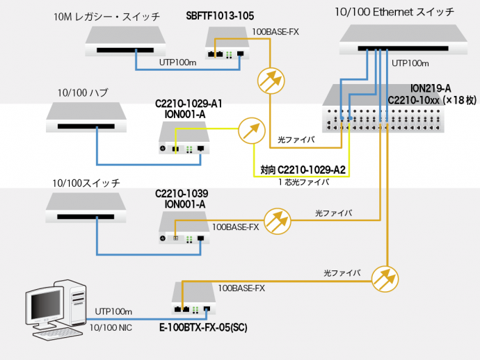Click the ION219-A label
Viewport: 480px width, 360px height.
(x=431, y=88)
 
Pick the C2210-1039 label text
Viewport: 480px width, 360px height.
(x=185, y=193)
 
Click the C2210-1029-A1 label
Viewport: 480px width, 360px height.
(x=189, y=104)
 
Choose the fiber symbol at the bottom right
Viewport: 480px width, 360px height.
(x=385, y=278)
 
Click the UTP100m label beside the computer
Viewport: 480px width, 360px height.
(x=113, y=312)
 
